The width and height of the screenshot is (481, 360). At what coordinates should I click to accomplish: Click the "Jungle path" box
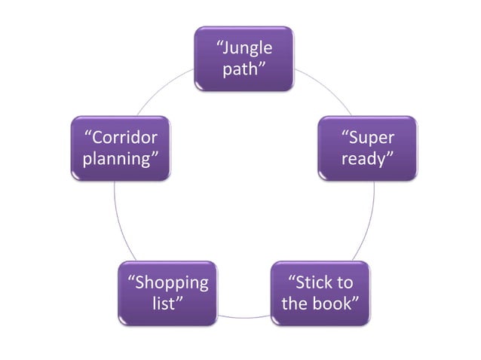click(244, 59)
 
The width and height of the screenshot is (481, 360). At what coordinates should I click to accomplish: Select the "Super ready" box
click(366, 148)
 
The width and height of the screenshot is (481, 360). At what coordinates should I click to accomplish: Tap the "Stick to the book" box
click(320, 293)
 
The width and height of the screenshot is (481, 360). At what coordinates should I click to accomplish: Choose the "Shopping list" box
click(167, 293)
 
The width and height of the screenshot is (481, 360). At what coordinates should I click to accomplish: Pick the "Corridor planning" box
click(120, 148)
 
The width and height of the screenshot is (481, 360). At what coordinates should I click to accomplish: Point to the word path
click(243, 70)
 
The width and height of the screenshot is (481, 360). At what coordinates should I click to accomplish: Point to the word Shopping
click(167, 283)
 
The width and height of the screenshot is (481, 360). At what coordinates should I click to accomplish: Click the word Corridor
click(121, 138)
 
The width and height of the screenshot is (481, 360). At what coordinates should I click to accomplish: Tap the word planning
click(121, 160)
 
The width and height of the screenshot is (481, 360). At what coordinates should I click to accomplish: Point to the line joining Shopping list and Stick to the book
click(244, 316)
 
